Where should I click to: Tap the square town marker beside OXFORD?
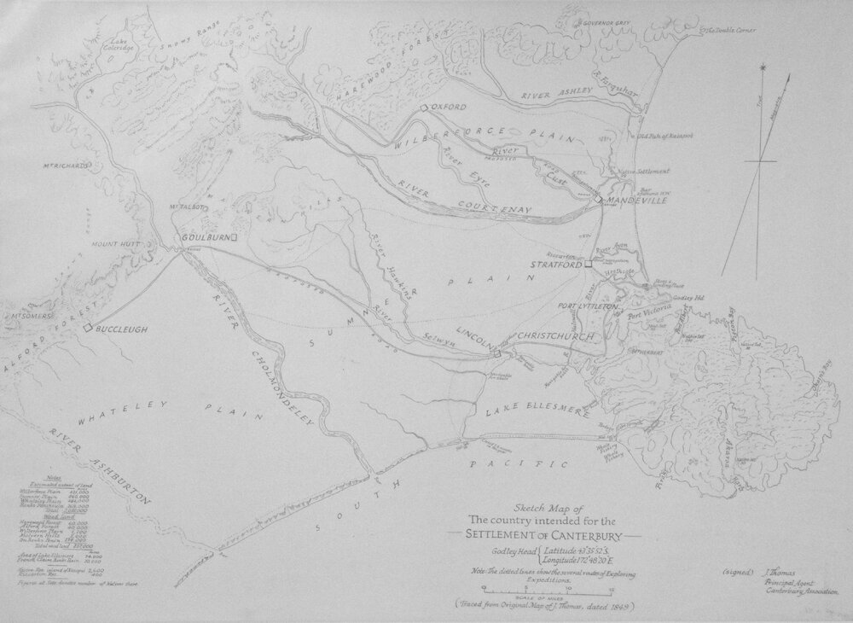(424, 108)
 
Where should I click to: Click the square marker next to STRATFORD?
(588, 265)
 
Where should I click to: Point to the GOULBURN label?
(204, 237)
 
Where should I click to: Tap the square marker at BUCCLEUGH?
(87, 326)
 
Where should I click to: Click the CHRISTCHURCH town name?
(551, 335)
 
